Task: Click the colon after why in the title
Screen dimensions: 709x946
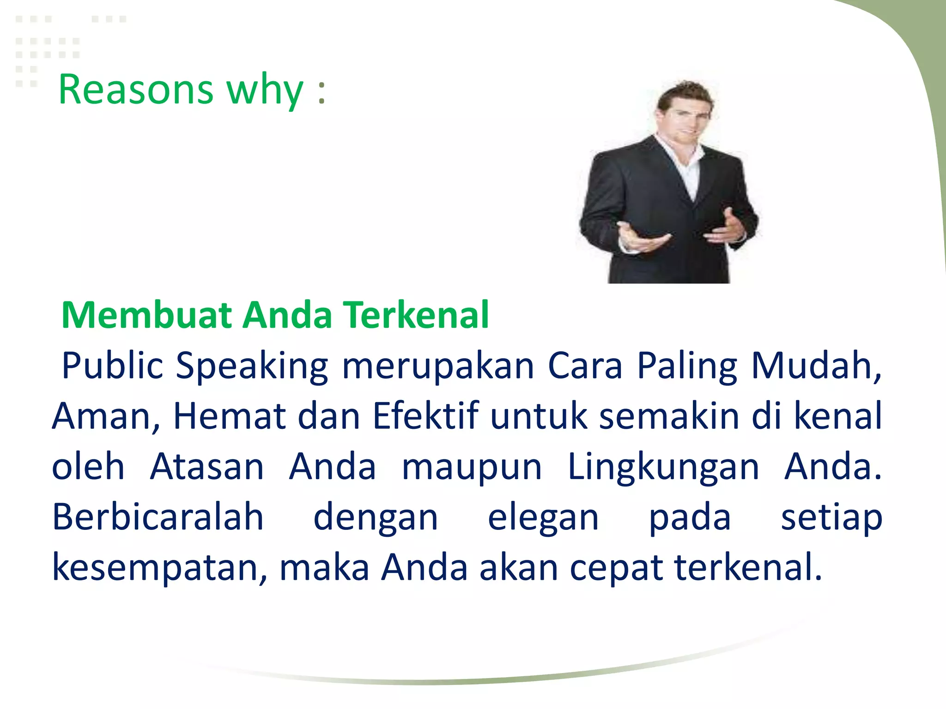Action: click(321, 90)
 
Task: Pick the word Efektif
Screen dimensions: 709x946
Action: click(425, 416)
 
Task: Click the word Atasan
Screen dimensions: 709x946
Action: click(206, 467)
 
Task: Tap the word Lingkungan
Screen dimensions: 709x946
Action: click(663, 468)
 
